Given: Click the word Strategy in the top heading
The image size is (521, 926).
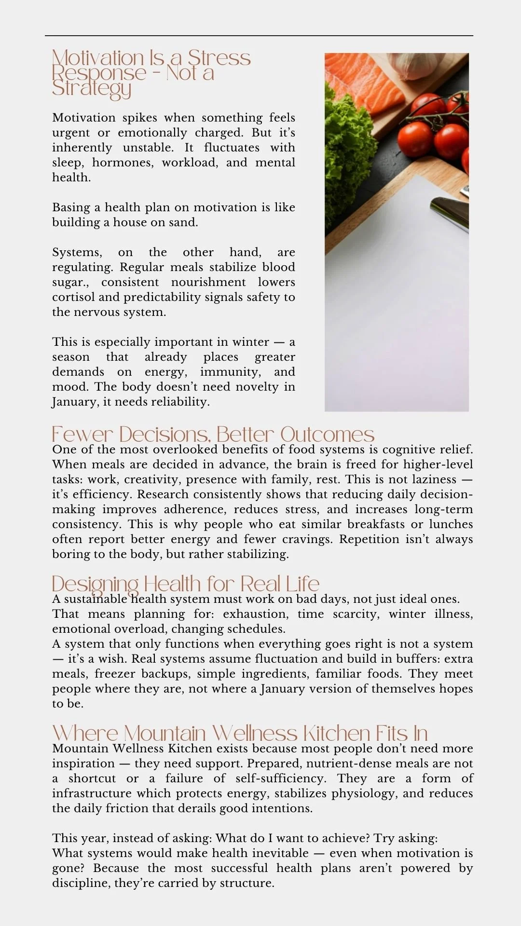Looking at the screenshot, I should click(x=92, y=89).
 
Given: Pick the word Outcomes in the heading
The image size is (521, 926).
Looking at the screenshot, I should click(x=327, y=435).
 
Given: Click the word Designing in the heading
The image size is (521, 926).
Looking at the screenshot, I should click(x=95, y=584).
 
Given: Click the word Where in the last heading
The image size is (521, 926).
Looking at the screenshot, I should click(x=85, y=734).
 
